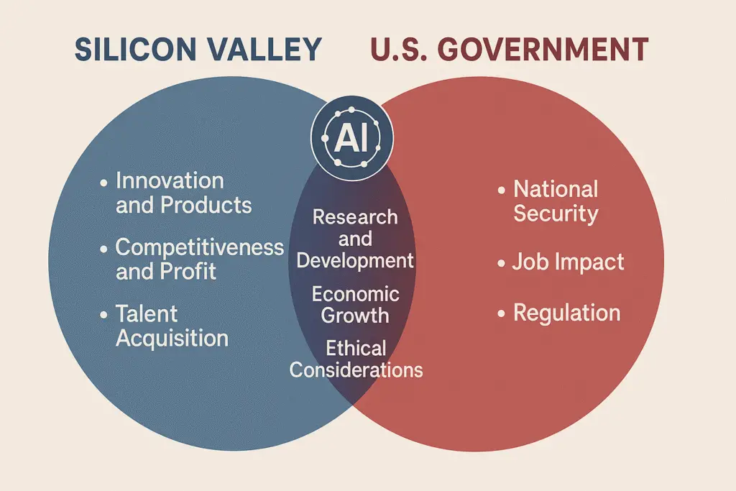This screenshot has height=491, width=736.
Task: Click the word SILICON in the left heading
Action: (136, 50)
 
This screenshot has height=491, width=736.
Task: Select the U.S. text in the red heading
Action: (399, 50)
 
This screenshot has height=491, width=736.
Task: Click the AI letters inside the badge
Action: (351, 139)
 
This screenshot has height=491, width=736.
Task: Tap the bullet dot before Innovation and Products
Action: (103, 183)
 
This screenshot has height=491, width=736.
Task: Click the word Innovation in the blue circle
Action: (170, 180)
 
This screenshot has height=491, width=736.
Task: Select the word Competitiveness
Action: (200, 247)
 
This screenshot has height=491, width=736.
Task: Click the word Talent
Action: (147, 313)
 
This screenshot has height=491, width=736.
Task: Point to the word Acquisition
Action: (172, 338)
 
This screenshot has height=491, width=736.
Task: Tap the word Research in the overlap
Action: (355, 217)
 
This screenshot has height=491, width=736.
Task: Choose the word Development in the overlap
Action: (355, 260)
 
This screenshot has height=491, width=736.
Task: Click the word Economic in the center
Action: (355, 294)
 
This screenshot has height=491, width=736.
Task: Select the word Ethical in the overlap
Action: (356, 348)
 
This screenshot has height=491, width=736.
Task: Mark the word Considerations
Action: (356, 370)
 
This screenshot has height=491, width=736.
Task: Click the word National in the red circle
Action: (556, 189)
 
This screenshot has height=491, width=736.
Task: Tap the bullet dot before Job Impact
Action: (501, 263)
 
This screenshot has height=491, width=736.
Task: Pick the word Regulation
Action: (567, 313)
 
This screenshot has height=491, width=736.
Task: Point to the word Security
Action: (556, 214)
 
